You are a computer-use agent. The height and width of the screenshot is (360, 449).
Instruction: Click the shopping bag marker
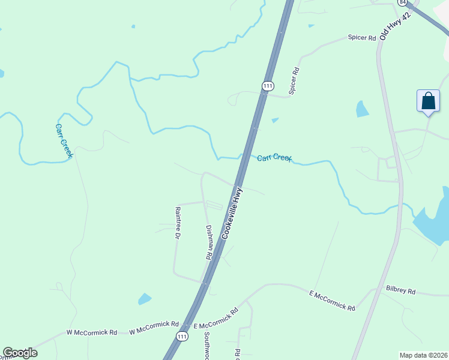coord(428,100)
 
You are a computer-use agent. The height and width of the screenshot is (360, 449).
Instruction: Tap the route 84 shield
coord(402,3)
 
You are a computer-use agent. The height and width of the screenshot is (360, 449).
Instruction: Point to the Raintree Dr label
coord(178,223)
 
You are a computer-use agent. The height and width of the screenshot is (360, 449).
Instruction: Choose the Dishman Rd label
coord(209,242)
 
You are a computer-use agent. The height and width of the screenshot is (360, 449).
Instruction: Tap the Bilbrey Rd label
coord(401,290)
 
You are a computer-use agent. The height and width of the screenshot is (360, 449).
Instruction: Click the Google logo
coord(20,353)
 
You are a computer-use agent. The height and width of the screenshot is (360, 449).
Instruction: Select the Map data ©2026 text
coord(423,355)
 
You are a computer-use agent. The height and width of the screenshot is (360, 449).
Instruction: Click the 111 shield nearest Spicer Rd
coord(267,86)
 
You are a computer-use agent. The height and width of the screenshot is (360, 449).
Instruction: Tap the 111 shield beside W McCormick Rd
coord(182,338)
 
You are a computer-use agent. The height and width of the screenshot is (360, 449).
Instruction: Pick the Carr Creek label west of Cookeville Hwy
coord(64,140)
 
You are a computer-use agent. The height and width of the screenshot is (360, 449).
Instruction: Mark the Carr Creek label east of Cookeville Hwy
coord(274,158)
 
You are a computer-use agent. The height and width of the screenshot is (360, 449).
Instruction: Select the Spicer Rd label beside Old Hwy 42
coord(362,38)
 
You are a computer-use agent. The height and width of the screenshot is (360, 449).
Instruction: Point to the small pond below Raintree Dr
coord(145,298)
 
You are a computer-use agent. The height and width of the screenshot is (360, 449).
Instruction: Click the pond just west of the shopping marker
coord(362,109)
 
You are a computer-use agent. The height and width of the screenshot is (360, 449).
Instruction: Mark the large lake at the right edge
coord(436,216)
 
